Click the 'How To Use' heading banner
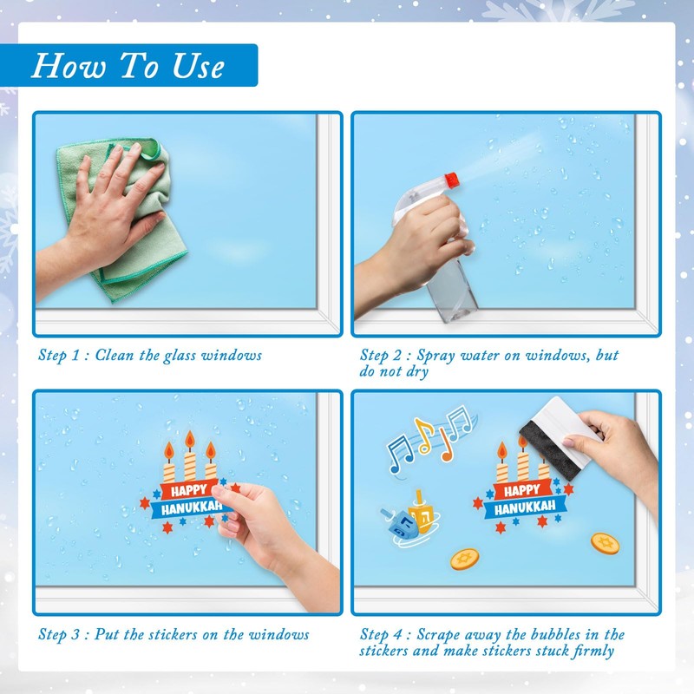(128, 65)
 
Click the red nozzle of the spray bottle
(451, 180)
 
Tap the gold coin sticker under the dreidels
(465, 559)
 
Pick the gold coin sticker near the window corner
(605, 543)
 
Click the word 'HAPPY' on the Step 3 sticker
(189, 490)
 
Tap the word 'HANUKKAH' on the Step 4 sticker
(525, 507)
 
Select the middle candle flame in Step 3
(190, 440)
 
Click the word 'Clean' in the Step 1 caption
(115, 355)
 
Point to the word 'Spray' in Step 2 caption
(436, 356)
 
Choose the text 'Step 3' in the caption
(59, 635)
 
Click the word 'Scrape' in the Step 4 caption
(443, 635)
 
